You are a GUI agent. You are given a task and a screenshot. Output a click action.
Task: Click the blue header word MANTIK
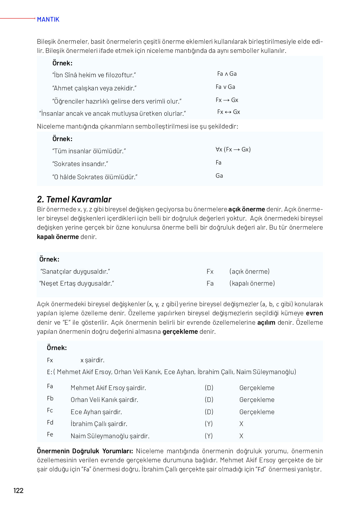[48, 19]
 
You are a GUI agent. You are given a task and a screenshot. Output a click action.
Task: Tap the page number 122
[18, 490]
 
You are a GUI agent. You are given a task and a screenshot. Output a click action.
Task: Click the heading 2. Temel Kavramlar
[74, 199]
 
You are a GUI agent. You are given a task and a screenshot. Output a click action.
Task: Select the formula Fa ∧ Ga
[227, 74]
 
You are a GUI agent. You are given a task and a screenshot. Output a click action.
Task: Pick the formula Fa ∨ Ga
[225, 87]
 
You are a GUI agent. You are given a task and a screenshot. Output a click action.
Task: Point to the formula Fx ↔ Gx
[228, 112]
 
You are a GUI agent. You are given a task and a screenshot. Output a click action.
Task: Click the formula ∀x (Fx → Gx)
[233, 150]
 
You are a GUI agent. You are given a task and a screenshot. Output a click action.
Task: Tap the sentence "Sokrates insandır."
[80, 164]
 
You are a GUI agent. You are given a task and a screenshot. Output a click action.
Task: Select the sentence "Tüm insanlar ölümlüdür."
[89, 151]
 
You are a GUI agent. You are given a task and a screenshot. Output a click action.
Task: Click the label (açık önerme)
[249, 272]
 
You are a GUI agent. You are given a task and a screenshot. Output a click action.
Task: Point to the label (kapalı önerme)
[252, 283]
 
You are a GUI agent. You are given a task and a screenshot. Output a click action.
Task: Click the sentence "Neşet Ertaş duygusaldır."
[77, 283]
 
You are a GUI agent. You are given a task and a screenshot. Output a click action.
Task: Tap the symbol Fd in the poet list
[50, 423]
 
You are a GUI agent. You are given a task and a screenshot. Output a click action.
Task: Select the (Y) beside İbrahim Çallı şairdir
[209, 424]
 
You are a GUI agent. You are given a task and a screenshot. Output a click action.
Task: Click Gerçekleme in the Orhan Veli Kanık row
[257, 400]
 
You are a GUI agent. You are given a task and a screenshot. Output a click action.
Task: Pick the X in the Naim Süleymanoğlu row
[241, 436]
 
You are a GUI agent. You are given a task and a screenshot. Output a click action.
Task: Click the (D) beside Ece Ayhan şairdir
[209, 412]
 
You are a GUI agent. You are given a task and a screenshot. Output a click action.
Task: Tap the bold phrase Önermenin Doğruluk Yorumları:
[85, 451]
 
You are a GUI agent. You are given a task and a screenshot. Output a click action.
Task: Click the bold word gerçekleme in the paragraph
[180, 332]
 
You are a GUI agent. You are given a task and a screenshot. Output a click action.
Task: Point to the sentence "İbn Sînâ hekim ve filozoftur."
[94, 75]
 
